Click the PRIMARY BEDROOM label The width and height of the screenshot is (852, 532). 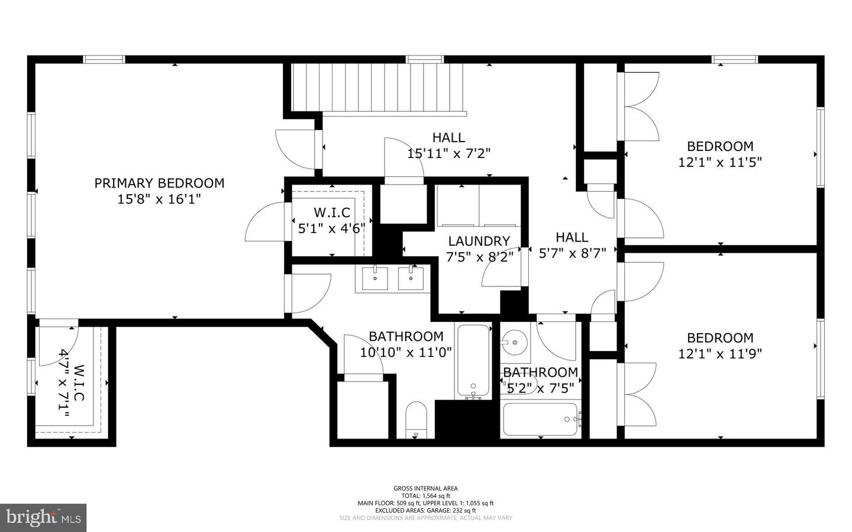pos(159,183)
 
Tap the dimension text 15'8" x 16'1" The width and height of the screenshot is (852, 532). pos(159,199)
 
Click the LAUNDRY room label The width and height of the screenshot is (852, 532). pos(479,241)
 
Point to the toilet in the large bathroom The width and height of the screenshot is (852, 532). pos(417,420)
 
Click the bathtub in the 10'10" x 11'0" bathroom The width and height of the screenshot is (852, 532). pos(473,361)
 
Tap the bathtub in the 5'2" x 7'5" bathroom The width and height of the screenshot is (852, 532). pos(540,420)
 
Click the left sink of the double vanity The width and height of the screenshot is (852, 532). pos(375,278)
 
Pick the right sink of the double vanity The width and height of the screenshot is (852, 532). pos(411,278)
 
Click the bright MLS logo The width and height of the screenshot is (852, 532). pos(43,518)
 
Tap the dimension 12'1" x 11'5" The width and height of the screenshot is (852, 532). pos(719,162)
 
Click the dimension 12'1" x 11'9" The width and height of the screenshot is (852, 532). pos(719,354)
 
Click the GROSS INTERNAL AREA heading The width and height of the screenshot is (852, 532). pos(425,488)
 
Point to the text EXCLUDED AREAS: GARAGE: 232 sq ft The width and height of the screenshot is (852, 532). pos(425,510)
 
